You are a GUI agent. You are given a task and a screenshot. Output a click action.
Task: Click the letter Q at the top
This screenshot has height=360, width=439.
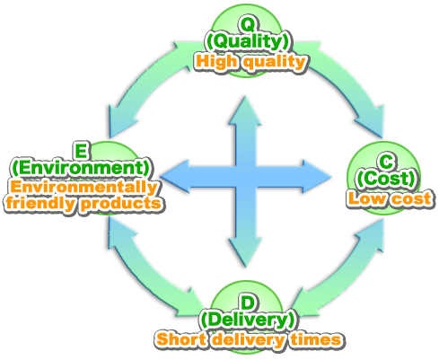click(248, 24)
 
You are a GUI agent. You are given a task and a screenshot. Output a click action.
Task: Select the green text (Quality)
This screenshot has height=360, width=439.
click(248, 41)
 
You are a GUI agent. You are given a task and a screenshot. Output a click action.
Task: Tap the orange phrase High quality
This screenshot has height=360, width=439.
click(250, 62)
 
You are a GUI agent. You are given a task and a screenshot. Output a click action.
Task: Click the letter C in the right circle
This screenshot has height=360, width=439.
click(386, 162)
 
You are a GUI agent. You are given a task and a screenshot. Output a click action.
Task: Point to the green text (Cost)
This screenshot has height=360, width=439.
click(386, 179)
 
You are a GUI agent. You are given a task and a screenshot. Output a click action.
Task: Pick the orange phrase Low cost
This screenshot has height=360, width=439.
click(390, 198)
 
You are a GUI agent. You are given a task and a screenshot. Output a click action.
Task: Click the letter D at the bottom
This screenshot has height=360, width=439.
click(247, 303)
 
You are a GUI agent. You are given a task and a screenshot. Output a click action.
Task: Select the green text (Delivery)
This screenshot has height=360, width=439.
click(248, 320)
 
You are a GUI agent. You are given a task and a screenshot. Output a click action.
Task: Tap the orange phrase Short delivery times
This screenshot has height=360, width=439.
click(249, 339)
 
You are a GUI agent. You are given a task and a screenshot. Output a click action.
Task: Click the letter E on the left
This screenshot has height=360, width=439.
click(81, 151)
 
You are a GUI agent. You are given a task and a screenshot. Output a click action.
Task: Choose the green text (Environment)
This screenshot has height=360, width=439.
click(81, 168)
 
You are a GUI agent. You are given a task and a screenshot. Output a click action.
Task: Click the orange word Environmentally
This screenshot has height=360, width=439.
click(83, 187)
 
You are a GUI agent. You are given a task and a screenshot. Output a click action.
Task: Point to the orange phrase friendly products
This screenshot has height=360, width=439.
click(83, 204)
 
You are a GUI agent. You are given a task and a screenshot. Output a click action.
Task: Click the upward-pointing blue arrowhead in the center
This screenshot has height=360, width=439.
click(245, 110)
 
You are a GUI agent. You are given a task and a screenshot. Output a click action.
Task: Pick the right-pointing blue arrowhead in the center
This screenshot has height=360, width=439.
click(317, 176)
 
